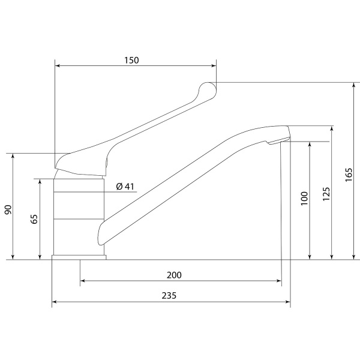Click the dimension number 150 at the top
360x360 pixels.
(131, 61)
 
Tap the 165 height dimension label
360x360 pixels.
(349, 175)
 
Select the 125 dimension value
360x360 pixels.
(326, 194)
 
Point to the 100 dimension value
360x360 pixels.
(304, 199)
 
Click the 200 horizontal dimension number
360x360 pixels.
(174, 275)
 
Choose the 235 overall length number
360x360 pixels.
(169, 296)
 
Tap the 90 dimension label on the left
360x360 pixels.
(8, 209)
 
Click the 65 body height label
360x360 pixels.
(34, 219)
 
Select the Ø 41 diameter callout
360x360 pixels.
(125, 187)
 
